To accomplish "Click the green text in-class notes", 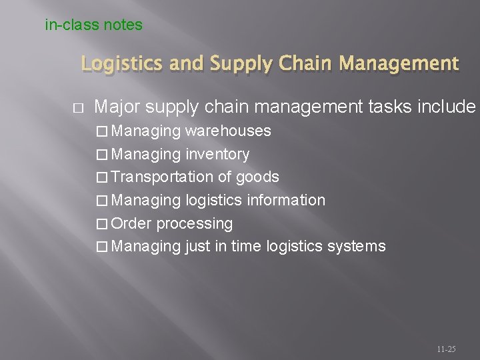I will coord(93,25).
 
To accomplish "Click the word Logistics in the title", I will coord(121,64).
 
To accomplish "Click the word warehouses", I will coord(228,131).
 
